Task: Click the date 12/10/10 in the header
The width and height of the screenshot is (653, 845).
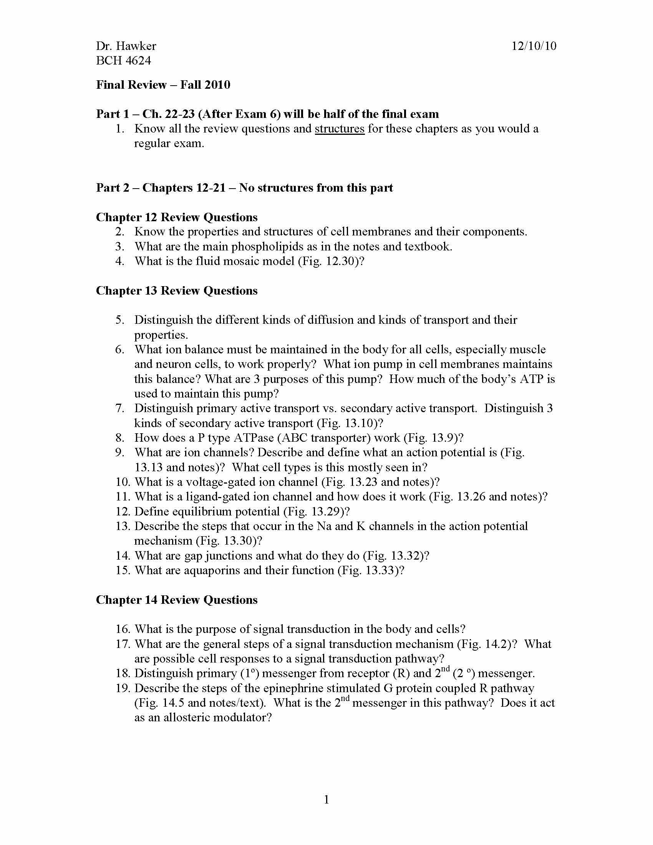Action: [534, 46]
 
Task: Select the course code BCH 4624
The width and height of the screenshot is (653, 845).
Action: [123, 61]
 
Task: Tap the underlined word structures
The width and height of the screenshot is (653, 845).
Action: [339, 128]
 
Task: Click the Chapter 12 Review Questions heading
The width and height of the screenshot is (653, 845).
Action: [176, 217]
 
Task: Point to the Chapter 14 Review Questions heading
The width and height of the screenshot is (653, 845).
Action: [176, 600]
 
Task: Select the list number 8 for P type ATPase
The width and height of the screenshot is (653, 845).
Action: [119, 437]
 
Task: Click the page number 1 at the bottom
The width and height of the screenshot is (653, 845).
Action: [326, 799]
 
